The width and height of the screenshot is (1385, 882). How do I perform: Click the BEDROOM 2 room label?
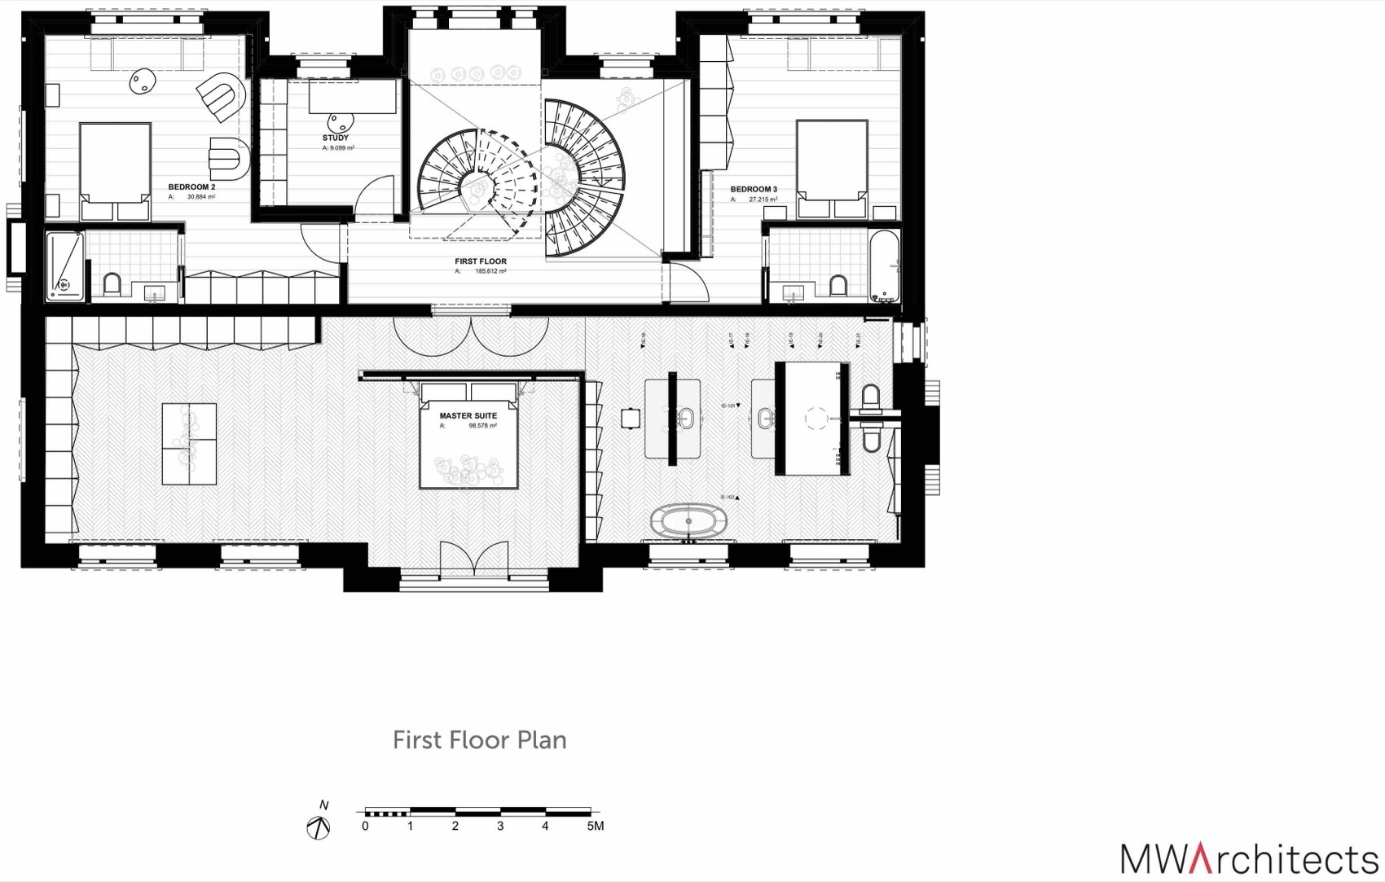(x=191, y=187)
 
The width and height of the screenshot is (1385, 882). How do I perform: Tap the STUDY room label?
(x=335, y=138)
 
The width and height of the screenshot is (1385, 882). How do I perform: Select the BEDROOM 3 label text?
(x=753, y=189)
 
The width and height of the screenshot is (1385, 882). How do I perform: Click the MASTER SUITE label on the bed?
(x=468, y=415)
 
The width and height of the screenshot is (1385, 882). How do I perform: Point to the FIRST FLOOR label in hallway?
(x=481, y=261)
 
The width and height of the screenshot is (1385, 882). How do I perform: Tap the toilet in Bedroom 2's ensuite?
(x=112, y=283)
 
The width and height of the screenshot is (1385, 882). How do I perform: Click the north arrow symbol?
(x=319, y=828)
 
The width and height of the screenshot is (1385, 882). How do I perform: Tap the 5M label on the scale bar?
(x=595, y=826)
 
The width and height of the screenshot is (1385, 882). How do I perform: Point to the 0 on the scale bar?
(x=365, y=826)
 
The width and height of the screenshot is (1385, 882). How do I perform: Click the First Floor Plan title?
(x=479, y=739)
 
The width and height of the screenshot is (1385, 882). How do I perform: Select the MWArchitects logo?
(x=1248, y=859)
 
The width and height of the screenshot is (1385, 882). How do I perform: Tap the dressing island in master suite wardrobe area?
(x=189, y=444)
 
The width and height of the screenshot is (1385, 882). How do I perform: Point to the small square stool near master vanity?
(x=630, y=418)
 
